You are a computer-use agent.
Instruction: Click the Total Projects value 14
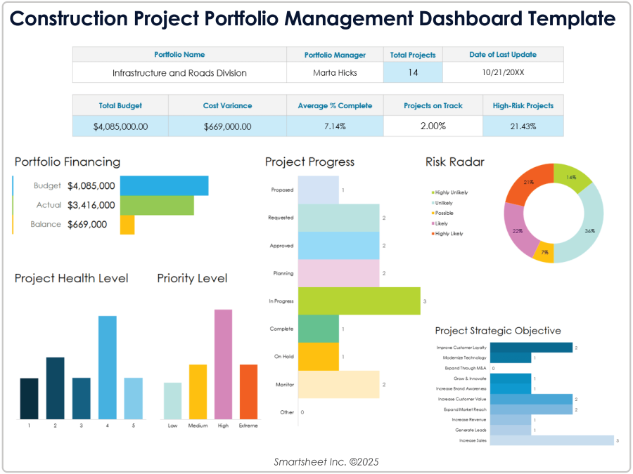click(x=413, y=72)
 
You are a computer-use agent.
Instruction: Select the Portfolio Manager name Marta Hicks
click(x=335, y=72)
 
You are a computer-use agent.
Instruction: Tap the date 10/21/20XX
click(x=503, y=72)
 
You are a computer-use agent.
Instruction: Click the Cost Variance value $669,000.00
click(x=227, y=126)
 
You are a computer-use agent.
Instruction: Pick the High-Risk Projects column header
click(x=523, y=105)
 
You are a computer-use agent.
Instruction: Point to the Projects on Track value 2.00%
click(x=433, y=126)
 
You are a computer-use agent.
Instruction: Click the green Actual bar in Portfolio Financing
click(x=157, y=205)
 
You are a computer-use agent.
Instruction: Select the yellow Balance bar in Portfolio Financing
click(x=127, y=225)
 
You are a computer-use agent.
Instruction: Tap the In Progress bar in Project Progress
click(x=359, y=301)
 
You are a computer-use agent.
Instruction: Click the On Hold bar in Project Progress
click(x=319, y=356)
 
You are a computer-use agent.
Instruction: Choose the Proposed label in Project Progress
click(x=282, y=190)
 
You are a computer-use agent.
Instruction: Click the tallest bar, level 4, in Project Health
click(x=107, y=367)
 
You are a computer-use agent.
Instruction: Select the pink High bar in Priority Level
click(x=223, y=364)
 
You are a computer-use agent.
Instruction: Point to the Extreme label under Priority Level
click(x=248, y=426)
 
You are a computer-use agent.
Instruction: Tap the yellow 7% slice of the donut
click(x=543, y=252)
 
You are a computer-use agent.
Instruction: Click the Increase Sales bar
click(x=551, y=440)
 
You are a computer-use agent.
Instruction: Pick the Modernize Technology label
click(x=464, y=357)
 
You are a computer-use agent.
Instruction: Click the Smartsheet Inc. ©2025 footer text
click(x=316, y=461)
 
